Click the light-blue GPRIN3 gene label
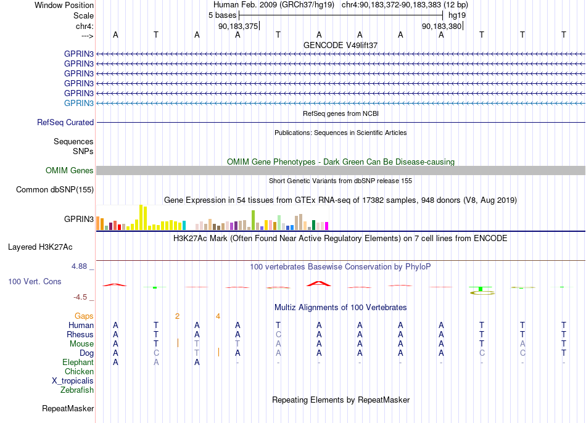pyautogui.click(x=79, y=103)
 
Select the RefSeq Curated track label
pyautogui.click(x=65, y=122)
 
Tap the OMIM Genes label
pyautogui.click(x=70, y=170)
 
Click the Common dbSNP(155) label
pyautogui.click(x=55, y=189)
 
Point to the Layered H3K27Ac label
pyautogui.click(x=40, y=247)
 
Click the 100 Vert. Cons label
pyautogui.click(x=35, y=281)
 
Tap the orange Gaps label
pyautogui.click(x=84, y=316)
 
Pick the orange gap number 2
pyautogui.click(x=177, y=316)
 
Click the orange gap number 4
pyautogui.click(x=218, y=316)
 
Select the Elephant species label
pyautogui.click(x=78, y=362)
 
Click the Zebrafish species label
pyautogui.click(x=77, y=390)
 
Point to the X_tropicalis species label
pyautogui.click(x=73, y=381)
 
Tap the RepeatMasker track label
pyautogui.click(x=68, y=408)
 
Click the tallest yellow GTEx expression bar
pyautogui.click(x=141, y=217)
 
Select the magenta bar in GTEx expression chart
pyautogui.click(x=327, y=226)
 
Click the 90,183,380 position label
pyautogui.click(x=442, y=26)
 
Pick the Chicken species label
pyautogui.click(x=79, y=371)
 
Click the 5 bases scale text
pyautogui.click(x=222, y=15)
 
